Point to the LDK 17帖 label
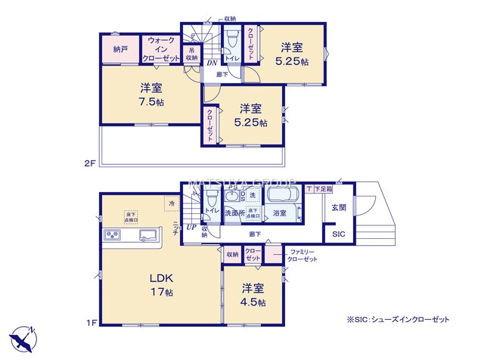click(x=161, y=282)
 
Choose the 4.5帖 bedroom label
click(x=253, y=295)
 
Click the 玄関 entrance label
click(x=337, y=206)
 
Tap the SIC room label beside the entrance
click(x=337, y=235)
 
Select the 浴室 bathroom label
click(x=280, y=213)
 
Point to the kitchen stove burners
click(x=114, y=236)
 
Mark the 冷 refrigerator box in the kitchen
click(x=172, y=203)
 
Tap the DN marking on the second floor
click(x=212, y=63)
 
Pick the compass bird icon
click(x=22, y=335)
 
